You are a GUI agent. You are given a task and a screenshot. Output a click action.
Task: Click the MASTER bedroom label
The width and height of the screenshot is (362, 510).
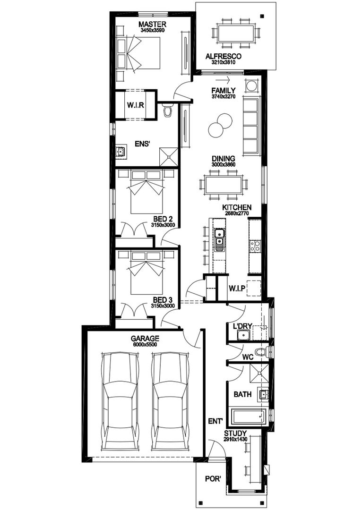[x=152, y=24]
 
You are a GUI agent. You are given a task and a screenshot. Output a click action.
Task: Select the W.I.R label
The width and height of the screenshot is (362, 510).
[x=135, y=104]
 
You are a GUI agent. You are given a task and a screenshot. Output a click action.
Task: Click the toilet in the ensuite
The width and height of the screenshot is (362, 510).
[x=167, y=111]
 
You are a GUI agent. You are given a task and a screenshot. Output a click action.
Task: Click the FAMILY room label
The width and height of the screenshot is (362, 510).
[x=223, y=90]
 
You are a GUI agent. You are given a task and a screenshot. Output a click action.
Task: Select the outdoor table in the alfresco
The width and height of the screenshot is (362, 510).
[x=235, y=34]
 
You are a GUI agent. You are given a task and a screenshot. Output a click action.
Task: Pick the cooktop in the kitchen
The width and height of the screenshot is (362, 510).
[x=255, y=246]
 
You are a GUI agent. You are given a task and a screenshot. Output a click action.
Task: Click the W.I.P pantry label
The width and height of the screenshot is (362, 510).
[x=236, y=288]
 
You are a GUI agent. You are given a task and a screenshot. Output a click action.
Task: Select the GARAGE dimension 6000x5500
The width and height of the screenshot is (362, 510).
[x=145, y=344]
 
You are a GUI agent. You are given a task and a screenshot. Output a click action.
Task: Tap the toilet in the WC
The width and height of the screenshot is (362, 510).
[x=261, y=352]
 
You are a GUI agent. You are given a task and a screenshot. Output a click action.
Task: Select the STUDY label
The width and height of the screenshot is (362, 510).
[x=235, y=433]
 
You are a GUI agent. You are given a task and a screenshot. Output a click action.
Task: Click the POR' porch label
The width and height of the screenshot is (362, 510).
[x=213, y=479]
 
